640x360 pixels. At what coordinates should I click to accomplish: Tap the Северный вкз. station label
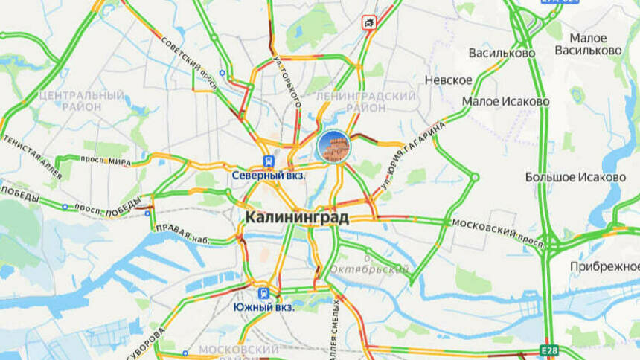[269, 176]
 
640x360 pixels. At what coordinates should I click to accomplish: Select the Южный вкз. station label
[263, 306]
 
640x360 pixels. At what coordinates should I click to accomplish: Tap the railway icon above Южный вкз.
[263, 292]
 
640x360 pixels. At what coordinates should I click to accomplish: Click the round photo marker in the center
[333, 146]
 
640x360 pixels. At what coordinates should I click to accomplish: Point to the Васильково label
[502, 53]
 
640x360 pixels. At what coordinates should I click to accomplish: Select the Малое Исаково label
[505, 101]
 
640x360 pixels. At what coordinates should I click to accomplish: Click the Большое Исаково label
[575, 177]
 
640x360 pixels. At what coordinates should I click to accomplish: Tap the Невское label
[448, 80]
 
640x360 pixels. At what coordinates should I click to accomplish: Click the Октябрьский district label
[370, 269]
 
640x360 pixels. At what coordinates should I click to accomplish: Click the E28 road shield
[549, 350]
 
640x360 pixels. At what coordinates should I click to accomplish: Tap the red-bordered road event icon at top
[368, 23]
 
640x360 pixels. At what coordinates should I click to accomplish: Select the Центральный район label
[81, 102]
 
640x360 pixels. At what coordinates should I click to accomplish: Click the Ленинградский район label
[365, 103]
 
